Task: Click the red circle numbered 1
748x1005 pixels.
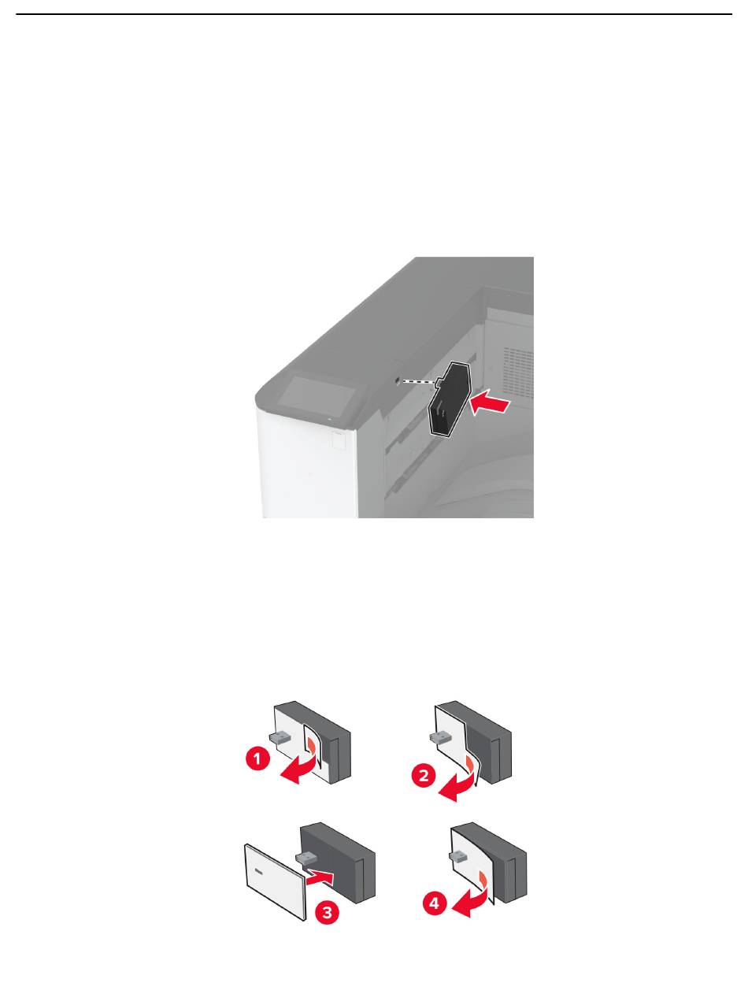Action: pos(257,758)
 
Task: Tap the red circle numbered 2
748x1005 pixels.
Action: pos(423,775)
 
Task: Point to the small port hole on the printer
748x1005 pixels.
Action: pos(397,380)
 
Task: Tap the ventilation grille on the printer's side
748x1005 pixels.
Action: pos(518,371)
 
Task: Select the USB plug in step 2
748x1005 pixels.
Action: pos(439,737)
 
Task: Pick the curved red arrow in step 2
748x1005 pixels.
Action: pos(462,787)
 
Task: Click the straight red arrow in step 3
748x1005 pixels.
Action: pos(320,878)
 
